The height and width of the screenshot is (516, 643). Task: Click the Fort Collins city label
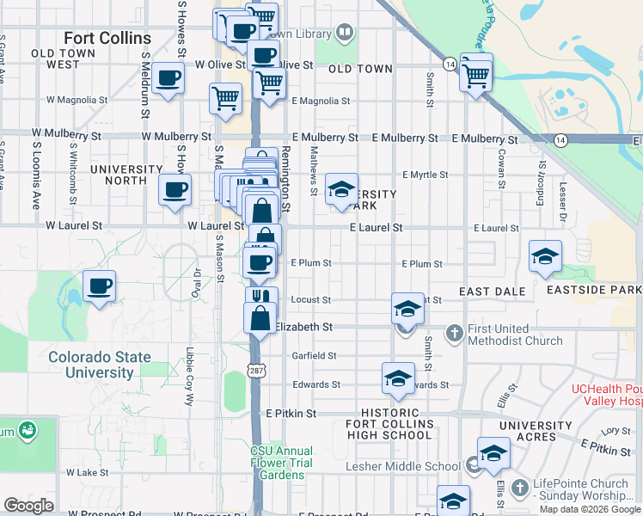pos(107,39)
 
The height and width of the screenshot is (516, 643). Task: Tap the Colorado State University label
pos(99,365)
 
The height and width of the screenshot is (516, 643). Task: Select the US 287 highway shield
pos(256,370)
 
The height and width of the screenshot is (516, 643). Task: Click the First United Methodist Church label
pos(514,335)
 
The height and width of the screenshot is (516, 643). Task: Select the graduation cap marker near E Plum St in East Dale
pos(545,256)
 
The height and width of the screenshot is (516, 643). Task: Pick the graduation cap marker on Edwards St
pos(397,379)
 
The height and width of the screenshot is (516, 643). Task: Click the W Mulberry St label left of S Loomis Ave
pos(66,135)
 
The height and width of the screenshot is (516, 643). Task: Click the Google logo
pos(28,506)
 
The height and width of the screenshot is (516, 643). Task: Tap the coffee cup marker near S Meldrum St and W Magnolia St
pos(168,80)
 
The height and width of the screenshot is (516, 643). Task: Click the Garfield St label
pos(314,355)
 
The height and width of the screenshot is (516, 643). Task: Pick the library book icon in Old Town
pos(344,34)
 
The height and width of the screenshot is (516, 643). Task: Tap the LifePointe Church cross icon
pos(518,488)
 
